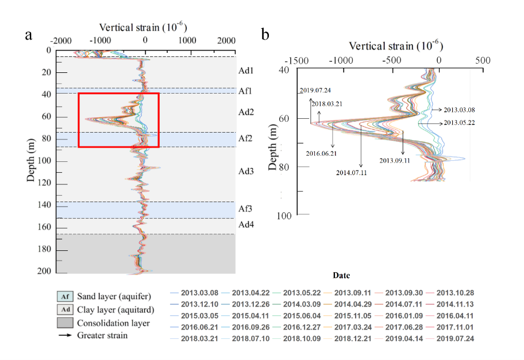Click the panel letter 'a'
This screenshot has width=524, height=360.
(29, 35)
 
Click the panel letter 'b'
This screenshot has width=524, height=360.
(265, 35)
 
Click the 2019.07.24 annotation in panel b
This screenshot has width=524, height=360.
(315, 90)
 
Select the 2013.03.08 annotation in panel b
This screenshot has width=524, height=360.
(458, 109)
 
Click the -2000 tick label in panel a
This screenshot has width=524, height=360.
(61, 41)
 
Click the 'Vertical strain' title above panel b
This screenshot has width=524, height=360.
(396, 45)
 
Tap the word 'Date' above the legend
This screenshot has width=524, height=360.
(342, 276)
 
